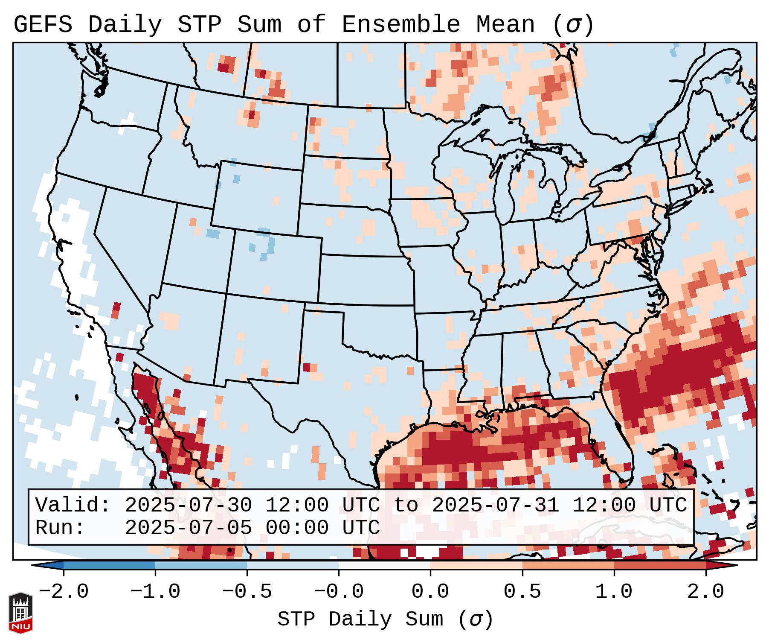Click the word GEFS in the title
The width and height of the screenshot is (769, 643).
tap(43, 25)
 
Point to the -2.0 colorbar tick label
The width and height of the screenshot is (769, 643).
tap(64, 591)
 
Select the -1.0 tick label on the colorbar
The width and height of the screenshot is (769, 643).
tap(155, 591)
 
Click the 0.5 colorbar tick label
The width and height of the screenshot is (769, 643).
tap(522, 591)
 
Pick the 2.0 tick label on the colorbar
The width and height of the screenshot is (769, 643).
tap(705, 591)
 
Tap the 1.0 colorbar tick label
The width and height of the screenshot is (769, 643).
tap(614, 591)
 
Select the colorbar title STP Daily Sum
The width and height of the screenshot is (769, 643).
tap(360, 619)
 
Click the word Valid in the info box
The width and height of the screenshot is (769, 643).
tap(73, 505)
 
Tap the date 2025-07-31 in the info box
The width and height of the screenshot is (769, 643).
tap(495, 505)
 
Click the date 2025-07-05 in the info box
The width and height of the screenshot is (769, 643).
tap(188, 528)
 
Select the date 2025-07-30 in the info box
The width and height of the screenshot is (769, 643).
tap(188, 505)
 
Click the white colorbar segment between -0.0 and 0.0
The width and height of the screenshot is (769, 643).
tap(384, 565)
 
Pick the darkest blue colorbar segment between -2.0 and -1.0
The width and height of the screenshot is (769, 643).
tap(109, 565)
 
